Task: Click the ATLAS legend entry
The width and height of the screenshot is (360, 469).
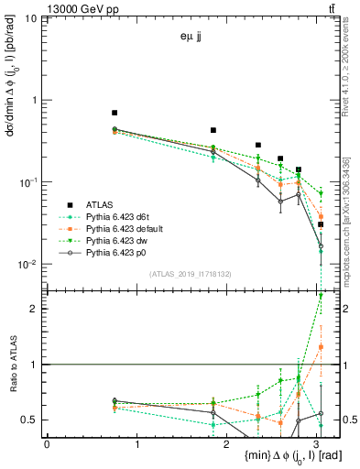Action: pos(95,204)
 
